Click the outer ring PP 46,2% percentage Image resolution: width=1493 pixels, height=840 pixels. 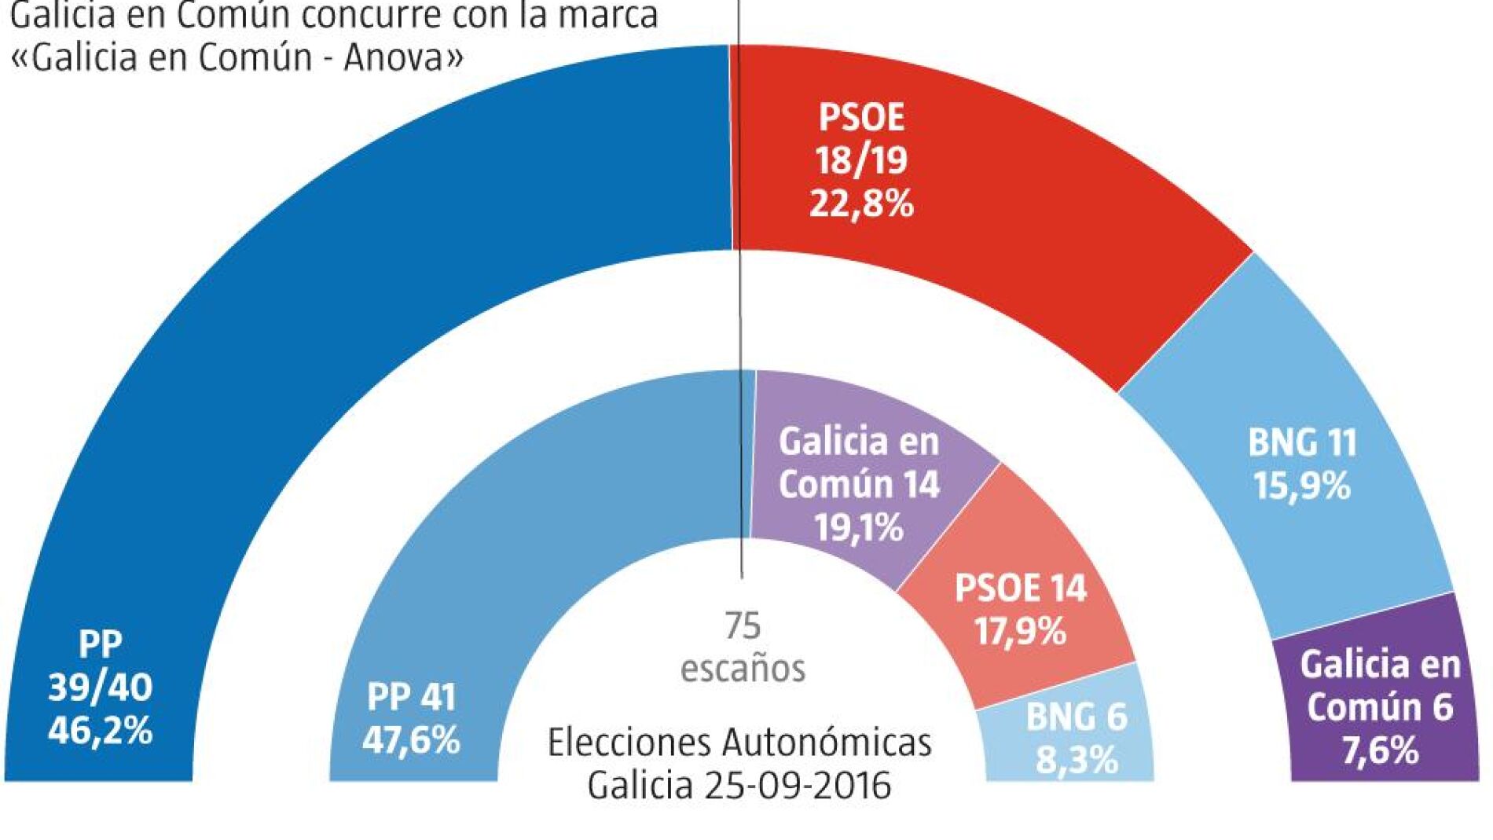point(100,731)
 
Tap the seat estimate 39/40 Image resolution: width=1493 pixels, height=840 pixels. point(100,688)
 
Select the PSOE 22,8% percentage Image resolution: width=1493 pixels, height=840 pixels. point(861,204)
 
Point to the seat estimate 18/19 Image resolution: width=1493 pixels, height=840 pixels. point(861,160)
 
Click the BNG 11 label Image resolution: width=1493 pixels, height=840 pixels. point(1302,443)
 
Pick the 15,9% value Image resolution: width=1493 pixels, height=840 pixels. point(1302,486)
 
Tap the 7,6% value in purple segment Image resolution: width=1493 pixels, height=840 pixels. point(1380,750)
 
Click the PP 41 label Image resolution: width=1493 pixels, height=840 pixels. point(411,697)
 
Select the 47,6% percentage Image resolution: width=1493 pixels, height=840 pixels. point(411,740)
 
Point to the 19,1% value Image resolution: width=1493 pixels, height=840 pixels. point(858,527)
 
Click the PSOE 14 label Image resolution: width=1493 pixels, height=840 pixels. point(1020,588)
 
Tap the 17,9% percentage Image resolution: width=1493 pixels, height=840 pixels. point(1020,631)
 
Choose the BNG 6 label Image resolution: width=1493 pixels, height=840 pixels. point(1076,717)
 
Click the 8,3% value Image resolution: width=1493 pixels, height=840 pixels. point(1077,760)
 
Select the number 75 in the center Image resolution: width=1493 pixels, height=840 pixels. point(743,626)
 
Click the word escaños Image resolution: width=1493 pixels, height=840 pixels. point(743,669)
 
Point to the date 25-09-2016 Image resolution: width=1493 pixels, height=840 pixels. point(798,785)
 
